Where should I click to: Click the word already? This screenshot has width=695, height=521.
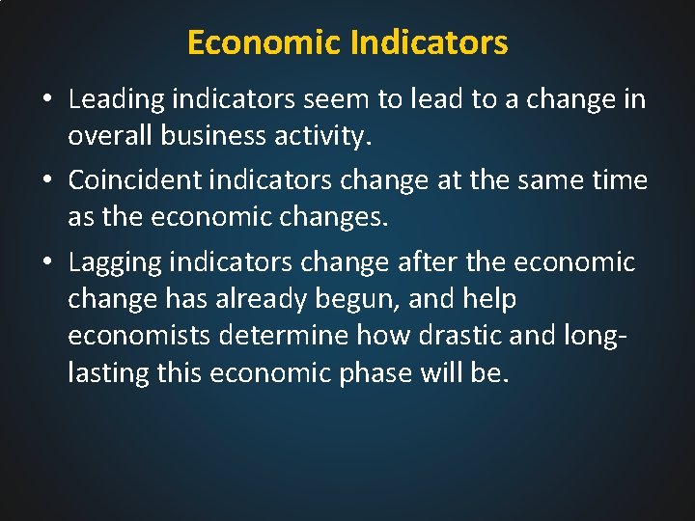click(x=261, y=299)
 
